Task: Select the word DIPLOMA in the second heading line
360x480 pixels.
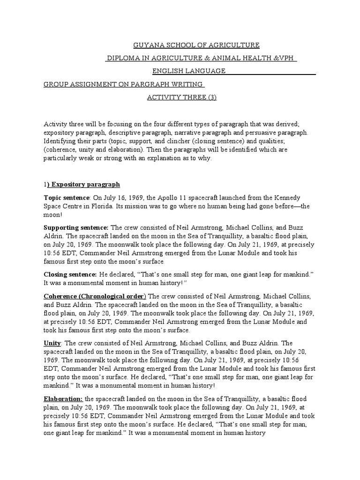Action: coord(123,58)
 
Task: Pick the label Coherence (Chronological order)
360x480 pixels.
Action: coord(95,296)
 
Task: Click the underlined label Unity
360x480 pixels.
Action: coord(52,343)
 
